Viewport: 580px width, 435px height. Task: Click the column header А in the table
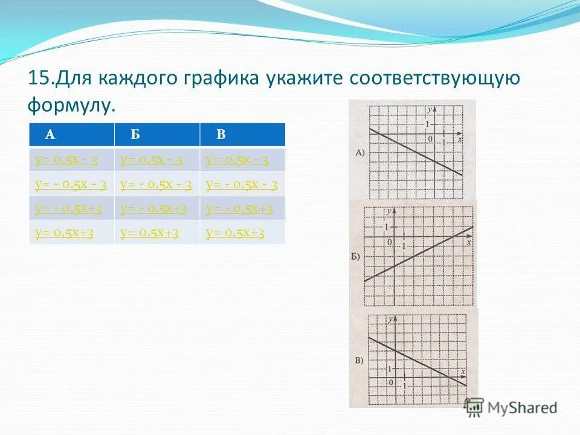pyautogui.click(x=51, y=135)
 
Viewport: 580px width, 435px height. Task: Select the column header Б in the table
pyautogui.click(x=135, y=135)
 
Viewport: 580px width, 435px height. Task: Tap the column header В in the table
pyautogui.click(x=221, y=135)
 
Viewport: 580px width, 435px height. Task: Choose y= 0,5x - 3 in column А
pyautogui.click(x=66, y=160)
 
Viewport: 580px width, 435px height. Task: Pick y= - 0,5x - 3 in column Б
pyautogui.click(x=156, y=185)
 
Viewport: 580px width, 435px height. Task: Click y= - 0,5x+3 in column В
pyautogui.click(x=239, y=209)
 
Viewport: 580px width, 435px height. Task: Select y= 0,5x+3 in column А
pyautogui.click(x=64, y=233)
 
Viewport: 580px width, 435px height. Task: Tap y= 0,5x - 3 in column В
pyautogui.click(x=237, y=160)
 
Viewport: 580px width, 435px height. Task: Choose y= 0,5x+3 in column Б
pyautogui.click(x=149, y=233)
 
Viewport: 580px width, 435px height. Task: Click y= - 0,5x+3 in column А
pyautogui.click(x=68, y=209)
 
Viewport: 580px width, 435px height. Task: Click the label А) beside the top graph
pyautogui.click(x=359, y=152)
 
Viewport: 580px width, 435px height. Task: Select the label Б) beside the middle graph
pyautogui.click(x=355, y=256)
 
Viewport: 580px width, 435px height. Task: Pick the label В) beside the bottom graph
pyautogui.click(x=359, y=361)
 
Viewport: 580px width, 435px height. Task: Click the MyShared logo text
pyautogui.click(x=522, y=408)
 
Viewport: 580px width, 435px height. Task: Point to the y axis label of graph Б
pyautogui.click(x=390, y=211)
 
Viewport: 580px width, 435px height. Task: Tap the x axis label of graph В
pyautogui.click(x=463, y=372)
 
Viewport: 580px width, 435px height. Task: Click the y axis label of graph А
pyautogui.click(x=428, y=110)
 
